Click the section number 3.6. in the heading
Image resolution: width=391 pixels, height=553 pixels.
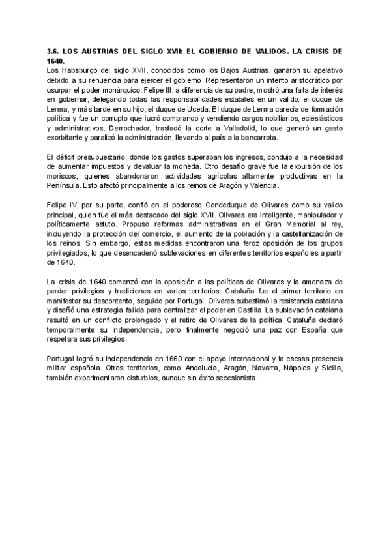coord(54,50)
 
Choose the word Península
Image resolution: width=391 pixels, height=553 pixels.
coord(66,185)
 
